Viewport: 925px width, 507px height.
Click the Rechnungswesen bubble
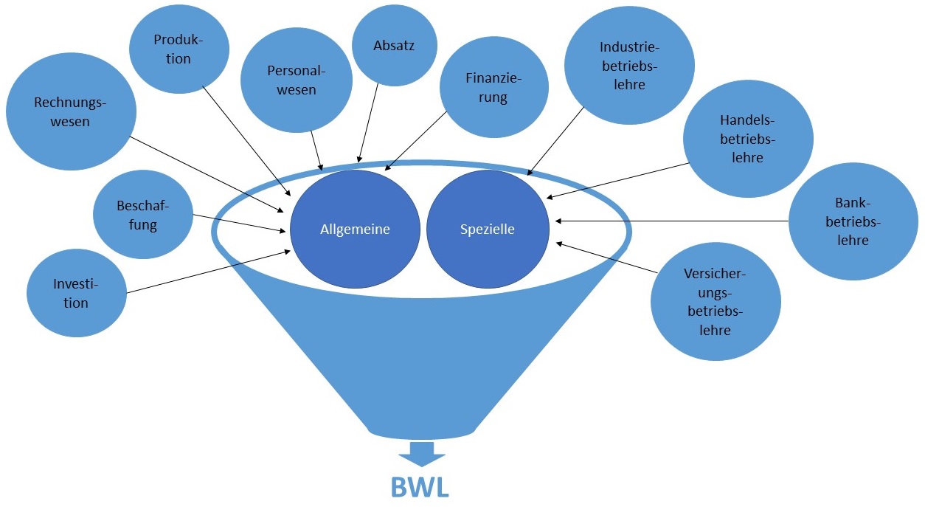pos(71,112)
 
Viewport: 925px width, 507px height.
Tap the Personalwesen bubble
pos(291,80)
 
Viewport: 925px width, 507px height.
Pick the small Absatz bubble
pos(393,46)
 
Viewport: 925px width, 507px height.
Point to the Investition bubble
pos(76,293)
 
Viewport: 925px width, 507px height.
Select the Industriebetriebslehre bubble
pos(629,65)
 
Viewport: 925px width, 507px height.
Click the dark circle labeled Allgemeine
pos(355,229)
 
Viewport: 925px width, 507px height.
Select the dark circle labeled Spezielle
pos(488,229)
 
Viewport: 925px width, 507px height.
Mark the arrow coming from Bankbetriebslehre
pos(671,220)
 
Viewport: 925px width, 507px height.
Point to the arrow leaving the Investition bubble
pos(207,272)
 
